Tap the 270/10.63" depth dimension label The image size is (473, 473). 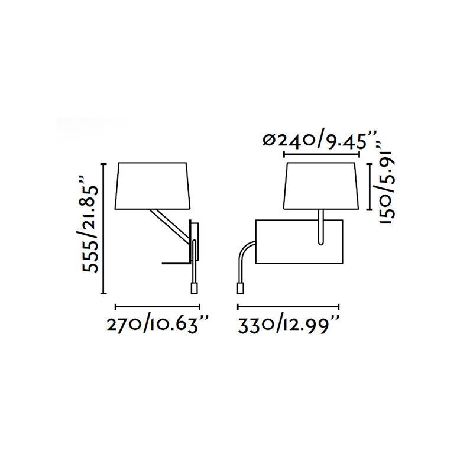click(157, 325)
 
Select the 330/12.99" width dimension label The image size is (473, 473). click(289, 325)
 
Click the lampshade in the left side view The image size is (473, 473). click(153, 186)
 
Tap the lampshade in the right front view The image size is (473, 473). click(321, 186)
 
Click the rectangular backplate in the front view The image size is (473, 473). click(299, 242)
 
